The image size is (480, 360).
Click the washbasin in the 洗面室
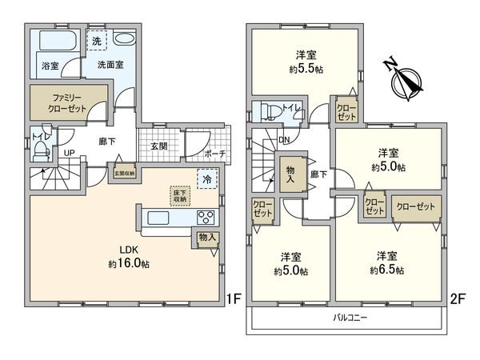pos(126,41)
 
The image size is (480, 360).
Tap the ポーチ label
pos(214,153)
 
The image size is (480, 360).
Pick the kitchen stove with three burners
pos(206,217)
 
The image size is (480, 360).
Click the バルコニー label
pos(350,318)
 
